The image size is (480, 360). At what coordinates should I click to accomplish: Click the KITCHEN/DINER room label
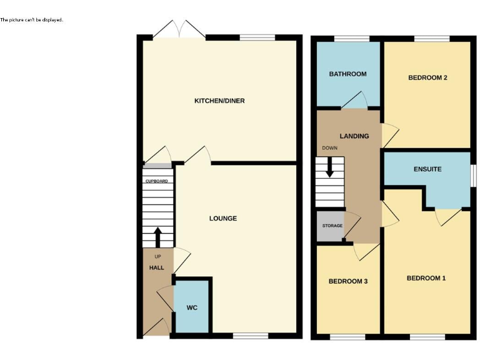[x=219, y=101]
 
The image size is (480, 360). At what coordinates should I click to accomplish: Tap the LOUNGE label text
[x=223, y=219]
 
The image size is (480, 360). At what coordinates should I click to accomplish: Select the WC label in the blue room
[x=191, y=308]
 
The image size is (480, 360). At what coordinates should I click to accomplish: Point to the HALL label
[x=156, y=267]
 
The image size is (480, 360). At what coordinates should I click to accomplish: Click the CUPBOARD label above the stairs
[x=156, y=181]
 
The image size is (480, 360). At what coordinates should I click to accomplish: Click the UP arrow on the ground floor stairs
[x=157, y=236]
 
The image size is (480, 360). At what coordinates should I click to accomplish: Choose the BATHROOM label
[x=347, y=74]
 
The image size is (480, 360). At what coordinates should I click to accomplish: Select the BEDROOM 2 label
[x=427, y=77]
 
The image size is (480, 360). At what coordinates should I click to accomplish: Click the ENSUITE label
[x=427, y=169]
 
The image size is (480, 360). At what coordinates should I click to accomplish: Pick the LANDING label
[x=354, y=136]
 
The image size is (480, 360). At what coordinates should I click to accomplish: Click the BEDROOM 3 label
[x=347, y=281]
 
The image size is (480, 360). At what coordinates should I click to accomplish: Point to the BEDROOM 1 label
[x=426, y=278]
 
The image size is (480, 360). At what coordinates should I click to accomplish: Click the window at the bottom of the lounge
[x=251, y=336]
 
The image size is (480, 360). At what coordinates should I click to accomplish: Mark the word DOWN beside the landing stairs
[x=329, y=148]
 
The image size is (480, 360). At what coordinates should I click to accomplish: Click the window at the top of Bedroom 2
[x=432, y=40]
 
